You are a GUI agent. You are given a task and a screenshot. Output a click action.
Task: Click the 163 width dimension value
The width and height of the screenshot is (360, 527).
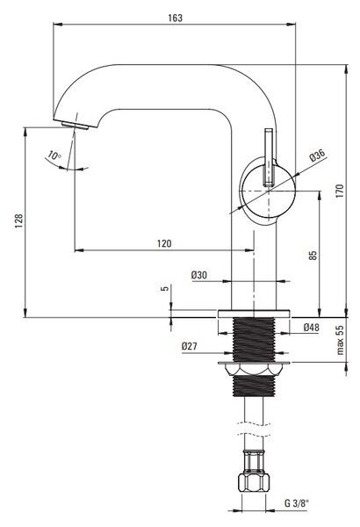coord(175,18)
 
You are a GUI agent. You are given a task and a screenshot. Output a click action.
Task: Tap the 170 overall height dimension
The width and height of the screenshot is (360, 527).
coord(340,191)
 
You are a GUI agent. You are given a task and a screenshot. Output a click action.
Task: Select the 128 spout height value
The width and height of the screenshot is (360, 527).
coord(18,220)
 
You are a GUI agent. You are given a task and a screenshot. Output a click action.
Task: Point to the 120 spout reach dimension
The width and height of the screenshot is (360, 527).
coord(164,243)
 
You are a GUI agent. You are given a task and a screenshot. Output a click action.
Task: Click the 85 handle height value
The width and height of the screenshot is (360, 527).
coord(313,255)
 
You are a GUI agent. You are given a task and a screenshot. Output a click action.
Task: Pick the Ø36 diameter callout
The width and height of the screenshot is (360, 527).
coord(317,155)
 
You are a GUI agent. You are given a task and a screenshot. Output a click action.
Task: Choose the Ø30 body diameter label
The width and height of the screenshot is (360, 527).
coord(199,275)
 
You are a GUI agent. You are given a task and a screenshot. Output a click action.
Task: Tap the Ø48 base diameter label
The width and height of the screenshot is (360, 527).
coord(311,327)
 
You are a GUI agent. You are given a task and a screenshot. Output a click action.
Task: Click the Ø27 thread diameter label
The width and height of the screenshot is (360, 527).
coord(190,346)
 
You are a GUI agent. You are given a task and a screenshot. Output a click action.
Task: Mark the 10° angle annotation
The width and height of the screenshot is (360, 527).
coord(54,155)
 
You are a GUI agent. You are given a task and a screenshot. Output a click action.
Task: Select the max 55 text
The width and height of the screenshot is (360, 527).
coord(340,340)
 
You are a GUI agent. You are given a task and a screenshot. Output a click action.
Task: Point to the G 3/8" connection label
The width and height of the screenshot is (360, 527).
coord(297,502)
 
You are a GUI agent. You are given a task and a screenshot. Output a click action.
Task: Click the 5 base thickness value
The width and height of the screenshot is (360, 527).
coord(165,288)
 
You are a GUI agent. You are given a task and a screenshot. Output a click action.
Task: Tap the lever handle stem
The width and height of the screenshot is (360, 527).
coord(270,157)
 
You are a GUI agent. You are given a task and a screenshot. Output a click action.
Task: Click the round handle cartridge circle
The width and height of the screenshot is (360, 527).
coord(269,191)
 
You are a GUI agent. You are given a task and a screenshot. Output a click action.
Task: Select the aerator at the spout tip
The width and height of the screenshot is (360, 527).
coord(76,126)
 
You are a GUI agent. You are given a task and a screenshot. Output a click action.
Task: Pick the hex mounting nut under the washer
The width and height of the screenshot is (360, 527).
coord(254,371)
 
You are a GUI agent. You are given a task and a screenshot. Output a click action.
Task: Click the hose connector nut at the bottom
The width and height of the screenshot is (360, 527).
coord(254,482)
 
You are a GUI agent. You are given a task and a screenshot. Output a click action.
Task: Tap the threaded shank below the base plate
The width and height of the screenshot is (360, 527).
coord(254,340)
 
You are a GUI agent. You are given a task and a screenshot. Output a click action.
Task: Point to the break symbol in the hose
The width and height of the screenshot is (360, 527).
coord(254,430)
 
